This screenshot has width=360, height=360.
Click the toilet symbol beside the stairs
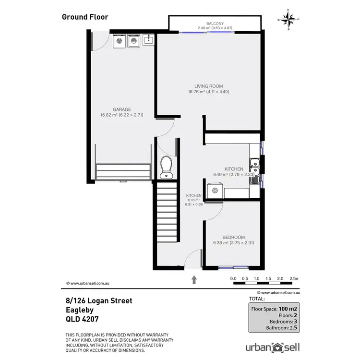point(166,167)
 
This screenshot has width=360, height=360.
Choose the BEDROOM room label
point(233,237)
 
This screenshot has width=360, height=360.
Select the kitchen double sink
point(255,169)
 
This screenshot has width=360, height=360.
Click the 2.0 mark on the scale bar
point(280,278)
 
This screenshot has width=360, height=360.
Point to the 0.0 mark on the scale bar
point(233,278)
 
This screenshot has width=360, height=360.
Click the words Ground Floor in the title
point(85,17)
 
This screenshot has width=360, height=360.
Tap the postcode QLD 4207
point(82,319)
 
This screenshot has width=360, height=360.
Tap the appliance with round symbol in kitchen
point(215,192)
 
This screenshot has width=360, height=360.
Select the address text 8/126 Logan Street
point(99,301)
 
